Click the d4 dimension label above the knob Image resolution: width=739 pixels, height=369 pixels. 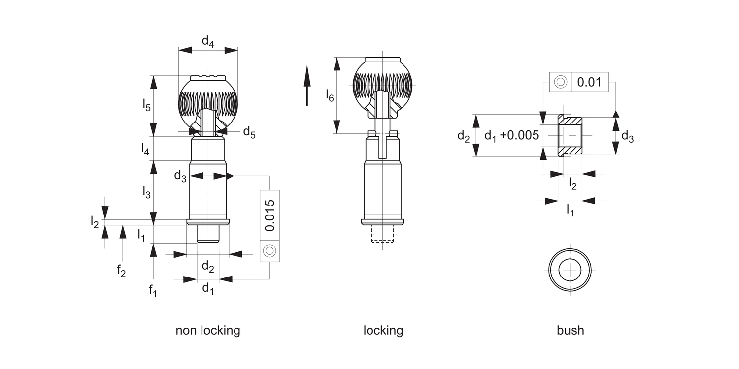[x=208, y=42]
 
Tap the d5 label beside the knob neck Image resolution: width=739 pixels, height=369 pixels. [x=249, y=132]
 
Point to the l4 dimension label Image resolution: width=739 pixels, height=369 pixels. [x=145, y=149]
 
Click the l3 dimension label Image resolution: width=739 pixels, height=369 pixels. [x=146, y=192]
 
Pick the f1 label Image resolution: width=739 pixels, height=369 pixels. [x=153, y=290]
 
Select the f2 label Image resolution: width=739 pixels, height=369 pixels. [x=121, y=270]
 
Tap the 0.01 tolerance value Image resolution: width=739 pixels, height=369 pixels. [x=589, y=82]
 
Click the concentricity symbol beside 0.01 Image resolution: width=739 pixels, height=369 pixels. [x=560, y=82]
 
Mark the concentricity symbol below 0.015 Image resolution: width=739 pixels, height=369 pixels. [x=269, y=251]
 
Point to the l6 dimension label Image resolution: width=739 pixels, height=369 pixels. [x=330, y=95]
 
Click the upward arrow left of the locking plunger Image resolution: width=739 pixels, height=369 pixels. [x=307, y=86]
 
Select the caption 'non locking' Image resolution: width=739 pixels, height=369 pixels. [x=208, y=330]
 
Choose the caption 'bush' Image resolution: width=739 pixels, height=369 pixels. [x=571, y=330]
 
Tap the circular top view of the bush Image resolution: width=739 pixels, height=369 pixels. [x=570, y=270]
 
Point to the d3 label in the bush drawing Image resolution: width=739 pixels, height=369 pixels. [x=627, y=136]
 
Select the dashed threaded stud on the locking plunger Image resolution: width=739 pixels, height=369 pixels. [x=383, y=236]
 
